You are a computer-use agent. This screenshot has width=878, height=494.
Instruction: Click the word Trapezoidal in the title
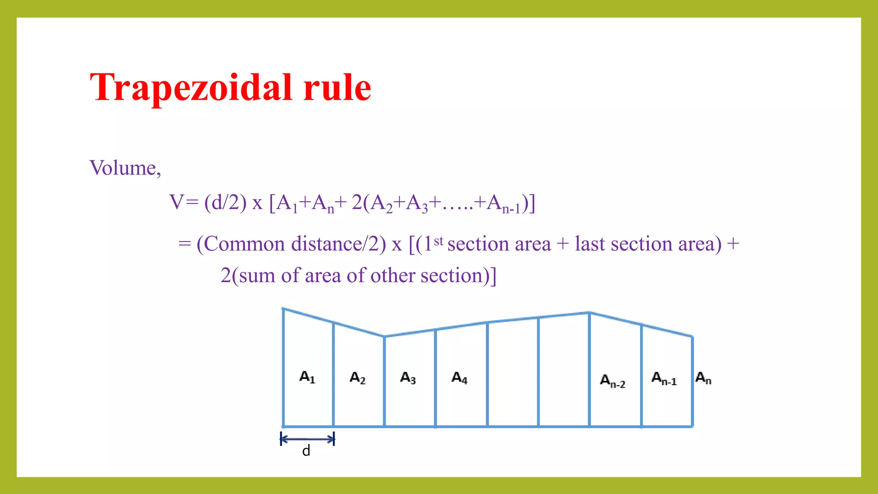(x=191, y=88)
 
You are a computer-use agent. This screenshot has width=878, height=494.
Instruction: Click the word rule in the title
(x=337, y=88)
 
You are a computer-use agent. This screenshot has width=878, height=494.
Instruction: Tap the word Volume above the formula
(x=123, y=168)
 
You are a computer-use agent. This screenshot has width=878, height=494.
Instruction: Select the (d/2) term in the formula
(x=226, y=202)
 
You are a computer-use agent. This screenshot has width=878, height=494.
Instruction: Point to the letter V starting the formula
(x=176, y=202)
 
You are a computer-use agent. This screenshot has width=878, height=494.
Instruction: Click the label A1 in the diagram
(x=307, y=377)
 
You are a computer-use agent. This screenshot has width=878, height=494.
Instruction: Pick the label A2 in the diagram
(x=358, y=378)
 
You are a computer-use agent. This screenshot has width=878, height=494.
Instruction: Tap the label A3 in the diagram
(x=408, y=378)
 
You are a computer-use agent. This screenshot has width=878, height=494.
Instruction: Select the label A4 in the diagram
(x=459, y=378)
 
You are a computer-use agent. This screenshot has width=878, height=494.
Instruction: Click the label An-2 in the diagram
(x=612, y=381)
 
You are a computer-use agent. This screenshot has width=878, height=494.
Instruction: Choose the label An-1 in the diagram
(x=664, y=379)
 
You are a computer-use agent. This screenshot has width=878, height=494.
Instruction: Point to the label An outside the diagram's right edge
(x=703, y=378)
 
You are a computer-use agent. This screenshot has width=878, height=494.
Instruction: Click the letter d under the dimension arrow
(x=306, y=451)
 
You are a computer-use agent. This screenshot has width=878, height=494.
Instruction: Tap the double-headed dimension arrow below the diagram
(x=307, y=439)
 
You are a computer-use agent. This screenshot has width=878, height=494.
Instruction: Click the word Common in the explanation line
(x=244, y=244)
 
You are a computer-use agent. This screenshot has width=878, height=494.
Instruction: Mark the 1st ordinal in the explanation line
(x=433, y=244)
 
